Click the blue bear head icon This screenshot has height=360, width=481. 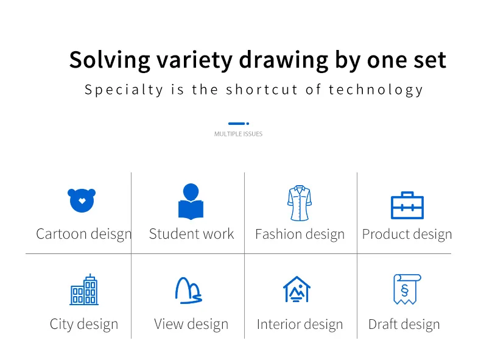pyautogui.click(x=82, y=200)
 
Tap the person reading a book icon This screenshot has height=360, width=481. pyautogui.click(x=191, y=202)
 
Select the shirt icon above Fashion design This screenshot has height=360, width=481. pyautogui.click(x=300, y=203)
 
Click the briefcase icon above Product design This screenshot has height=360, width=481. pyautogui.click(x=407, y=205)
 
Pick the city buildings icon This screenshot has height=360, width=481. pyautogui.click(x=84, y=289)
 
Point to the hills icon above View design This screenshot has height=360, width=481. pyautogui.click(x=189, y=291)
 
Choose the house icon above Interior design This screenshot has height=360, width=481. pyautogui.click(x=297, y=289)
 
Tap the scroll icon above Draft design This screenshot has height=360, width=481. pyautogui.click(x=407, y=289)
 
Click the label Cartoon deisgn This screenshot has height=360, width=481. pyautogui.click(x=84, y=234)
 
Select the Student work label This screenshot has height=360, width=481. pyautogui.click(x=191, y=234)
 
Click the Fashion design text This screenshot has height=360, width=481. pyautogui.click(x=300, y=235)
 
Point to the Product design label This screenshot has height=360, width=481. pyautogui.click(x=407, y=235)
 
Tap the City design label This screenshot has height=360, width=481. pyautogui.click(x=84, y=325)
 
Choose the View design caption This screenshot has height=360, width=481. pyautogui.click(x=191, y=325)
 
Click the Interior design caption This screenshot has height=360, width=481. pyautogui.click(x=300, y=325)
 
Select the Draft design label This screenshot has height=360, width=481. pyautogui.click(x=404, y=325)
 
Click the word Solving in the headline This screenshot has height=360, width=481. pyautogui.click(x=110, y=60)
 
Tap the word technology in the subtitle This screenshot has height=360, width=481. pyautogui.click(x=376, y=90)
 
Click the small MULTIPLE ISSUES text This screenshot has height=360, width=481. pyautogui.click(x=238, y=134)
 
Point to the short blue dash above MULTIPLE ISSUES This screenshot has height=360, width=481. pyautogui.click(x=236, y=124)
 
